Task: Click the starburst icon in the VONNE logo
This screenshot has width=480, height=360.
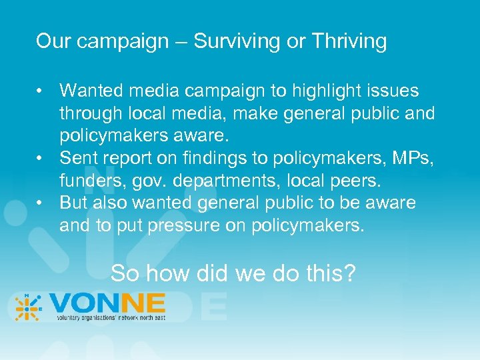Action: coord(27,308)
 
